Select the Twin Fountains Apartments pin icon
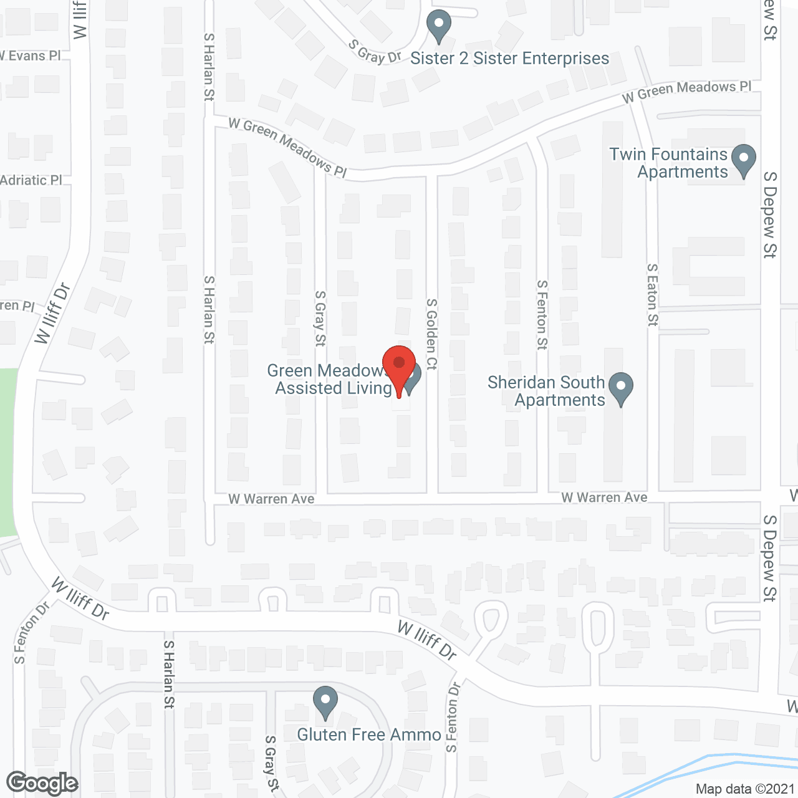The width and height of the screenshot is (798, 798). (x=743, y=160)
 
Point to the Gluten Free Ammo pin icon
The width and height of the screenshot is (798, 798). (x=325, y=701)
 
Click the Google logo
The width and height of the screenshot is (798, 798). (x=42, y=783)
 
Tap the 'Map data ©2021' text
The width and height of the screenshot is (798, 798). (x=745, y=789)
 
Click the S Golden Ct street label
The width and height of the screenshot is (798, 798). (x=431, y=334)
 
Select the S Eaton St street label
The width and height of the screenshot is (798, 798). (x=652, y=294)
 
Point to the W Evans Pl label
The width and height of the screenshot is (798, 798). (x=29, y=56)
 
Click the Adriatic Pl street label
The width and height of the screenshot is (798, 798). (x=31, y=180)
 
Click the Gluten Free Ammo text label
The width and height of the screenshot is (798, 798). (x=369, y=734)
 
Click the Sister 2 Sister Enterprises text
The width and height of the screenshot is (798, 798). (x=509, y=59)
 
